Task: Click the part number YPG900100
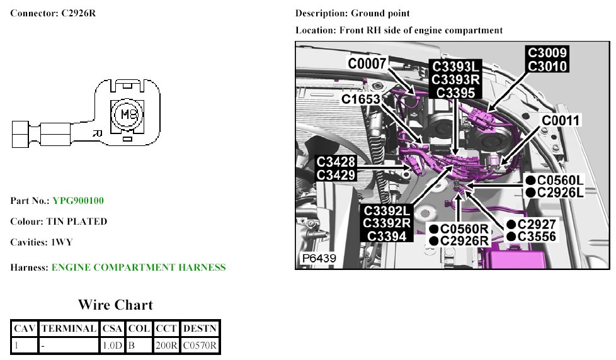78,201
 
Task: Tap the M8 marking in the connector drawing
128,115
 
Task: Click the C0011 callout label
561,120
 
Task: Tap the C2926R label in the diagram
464,240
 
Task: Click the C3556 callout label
536,236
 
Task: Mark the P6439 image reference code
319,259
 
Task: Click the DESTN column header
200,328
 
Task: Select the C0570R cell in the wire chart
200,345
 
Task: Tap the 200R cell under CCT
166,345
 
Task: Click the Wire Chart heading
115,305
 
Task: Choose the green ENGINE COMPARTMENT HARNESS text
138,267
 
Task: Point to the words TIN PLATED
77,222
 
